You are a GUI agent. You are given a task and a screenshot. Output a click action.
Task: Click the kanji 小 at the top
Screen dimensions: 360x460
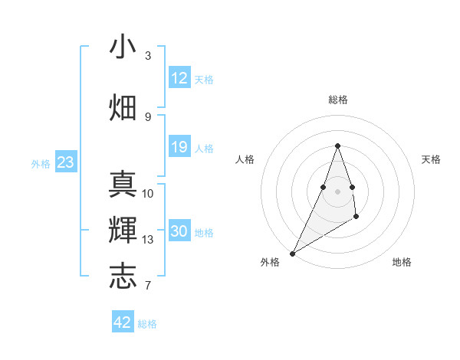pyautogui.click(x=123, y=47)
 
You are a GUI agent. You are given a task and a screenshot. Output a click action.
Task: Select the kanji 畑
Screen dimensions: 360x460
pyautogui.click(x=123, y=108)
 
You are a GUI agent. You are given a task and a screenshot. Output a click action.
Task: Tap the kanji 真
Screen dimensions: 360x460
pyautogui.click(x=123, y=185)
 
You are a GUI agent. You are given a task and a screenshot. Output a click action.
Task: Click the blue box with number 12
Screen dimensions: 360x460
pyautogui.click(x=179, y=78)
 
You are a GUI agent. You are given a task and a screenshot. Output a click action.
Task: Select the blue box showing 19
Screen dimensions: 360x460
pyautogui.click(x=179, y=147)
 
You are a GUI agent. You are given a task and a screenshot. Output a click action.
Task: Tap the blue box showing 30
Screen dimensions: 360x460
pyautogui.click(x=179, y=231)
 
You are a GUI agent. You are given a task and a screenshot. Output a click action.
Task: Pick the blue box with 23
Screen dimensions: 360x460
pyautogui.click(x=65, y=162)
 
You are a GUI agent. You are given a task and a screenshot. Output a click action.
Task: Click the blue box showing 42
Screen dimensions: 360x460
pyautogui.click(x=123, y=322)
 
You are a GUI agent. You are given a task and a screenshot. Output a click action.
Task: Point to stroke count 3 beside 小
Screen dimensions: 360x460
pyautogui.click(x=148, y=56)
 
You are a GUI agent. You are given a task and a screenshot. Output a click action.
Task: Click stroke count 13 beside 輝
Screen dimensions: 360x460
pyautogui.click(x=148, y=240)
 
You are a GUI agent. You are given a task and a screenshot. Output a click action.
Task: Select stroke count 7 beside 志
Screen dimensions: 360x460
pyautogui.click(x=148, y=286)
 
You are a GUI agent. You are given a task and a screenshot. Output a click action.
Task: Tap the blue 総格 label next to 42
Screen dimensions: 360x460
pyautogui.click(x=147, y=324)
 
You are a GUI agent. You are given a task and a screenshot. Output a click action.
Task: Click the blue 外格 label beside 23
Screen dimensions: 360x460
pyautogui.click(x=41, y=163)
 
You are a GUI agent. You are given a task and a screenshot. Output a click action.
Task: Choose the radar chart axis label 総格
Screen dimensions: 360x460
pyautogui.click(x=338, y=100)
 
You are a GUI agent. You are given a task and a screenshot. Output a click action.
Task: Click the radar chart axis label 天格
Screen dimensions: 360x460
pyautogui.click(x=431, y=159)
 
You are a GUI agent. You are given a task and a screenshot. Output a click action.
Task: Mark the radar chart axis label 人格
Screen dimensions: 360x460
pyautogui.click(x=245, y=159)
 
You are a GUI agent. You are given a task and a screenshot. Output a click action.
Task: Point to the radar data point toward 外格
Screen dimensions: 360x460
pyautogui.click(x=292, y=253)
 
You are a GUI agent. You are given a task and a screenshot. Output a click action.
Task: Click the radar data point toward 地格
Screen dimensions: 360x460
pyautogui.click(x=356, y=218)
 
